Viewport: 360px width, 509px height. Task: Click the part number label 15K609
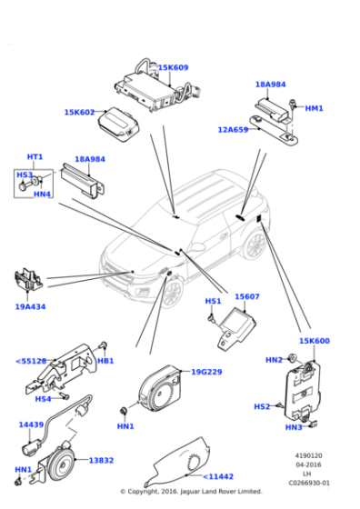click(174, 67)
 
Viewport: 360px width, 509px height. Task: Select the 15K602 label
click(79, 113)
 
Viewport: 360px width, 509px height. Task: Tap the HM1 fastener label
click(314, 108)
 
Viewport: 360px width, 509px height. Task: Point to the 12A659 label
click(233, 130)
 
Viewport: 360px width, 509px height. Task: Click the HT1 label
click(35, 156)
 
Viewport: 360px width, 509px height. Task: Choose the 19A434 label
click(30, 306)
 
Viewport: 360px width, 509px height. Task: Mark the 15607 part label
click(247, 296)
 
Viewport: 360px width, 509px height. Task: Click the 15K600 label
click(315, 341)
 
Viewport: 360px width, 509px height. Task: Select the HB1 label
click(105, 361)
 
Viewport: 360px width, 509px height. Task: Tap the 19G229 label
click(207, 372)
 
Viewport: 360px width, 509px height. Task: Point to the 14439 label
click(31, 424)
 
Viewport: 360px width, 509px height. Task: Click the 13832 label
click(101, 461)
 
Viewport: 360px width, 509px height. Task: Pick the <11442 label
click(218, 476)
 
